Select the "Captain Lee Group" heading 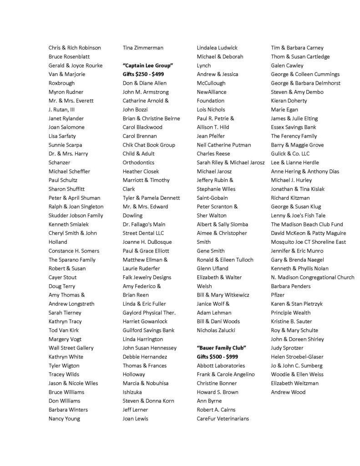coord(144,66)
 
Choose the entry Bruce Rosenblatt coord(69,57)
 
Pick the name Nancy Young coord(64,419)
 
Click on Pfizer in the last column coord(278,295)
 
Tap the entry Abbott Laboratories coord(221,365)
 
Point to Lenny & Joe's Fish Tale coord(298,216)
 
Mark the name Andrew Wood coord(288,392)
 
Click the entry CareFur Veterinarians coord(223,419)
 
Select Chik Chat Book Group coord(149,145)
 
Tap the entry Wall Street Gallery coord(71,348)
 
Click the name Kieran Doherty coord(289,101)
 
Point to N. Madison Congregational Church coord(312,278)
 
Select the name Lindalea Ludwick coord(217,48)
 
